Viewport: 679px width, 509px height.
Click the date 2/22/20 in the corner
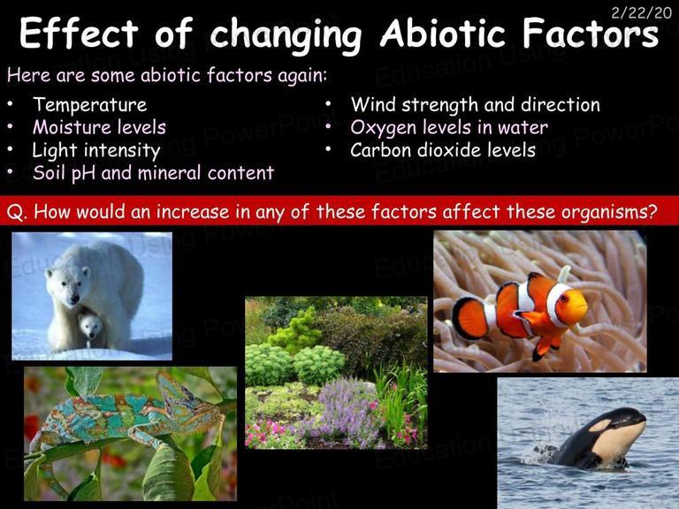point(641,13)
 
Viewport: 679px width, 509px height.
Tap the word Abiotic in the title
point(443,34)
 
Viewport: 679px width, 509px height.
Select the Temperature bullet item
point(90,105)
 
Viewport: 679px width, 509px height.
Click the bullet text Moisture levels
point(99,127)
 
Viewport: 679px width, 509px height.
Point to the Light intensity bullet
point(96,150)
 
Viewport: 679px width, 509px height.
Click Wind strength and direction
point(475,105)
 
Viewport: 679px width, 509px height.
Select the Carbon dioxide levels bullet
point(443,150)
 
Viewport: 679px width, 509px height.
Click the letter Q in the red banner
point(14,212)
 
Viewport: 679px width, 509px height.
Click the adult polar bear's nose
point(75,299)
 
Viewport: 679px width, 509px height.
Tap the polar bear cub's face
point(91,325)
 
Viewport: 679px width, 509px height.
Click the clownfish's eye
point(563,299)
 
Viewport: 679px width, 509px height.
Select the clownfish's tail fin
point(469,318)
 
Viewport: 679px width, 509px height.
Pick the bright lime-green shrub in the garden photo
point(297,332)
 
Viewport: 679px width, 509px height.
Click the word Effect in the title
point(79,33)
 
